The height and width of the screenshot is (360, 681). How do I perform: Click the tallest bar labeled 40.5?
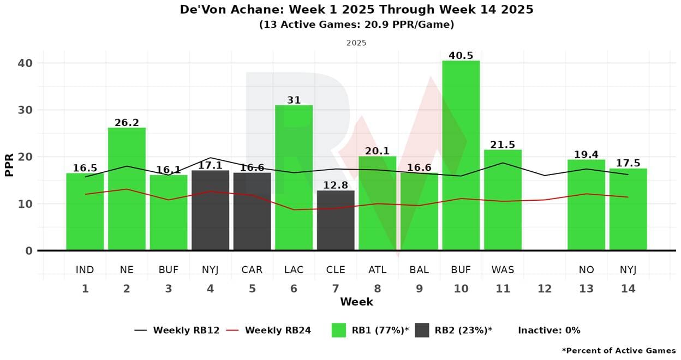pyautogui.click(x=461, y=155)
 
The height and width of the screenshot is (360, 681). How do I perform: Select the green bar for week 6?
pyautogui.click(x=294, y=178)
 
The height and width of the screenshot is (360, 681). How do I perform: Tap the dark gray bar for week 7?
pyautogui.click(x=336, y=220)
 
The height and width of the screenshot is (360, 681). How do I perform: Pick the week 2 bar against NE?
pyautogui.click(x=127, y=189)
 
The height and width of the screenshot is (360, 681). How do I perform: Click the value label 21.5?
pyautogui.click(x=503, y=145)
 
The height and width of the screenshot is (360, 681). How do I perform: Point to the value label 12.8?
pyautogui.click(x=336, y=185)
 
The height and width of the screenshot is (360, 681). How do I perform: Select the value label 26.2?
pyautogui.click(x=127, y=123)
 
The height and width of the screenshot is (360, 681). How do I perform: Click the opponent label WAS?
pyautogui.click(x=503, y=270)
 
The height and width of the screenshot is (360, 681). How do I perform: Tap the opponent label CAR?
pyautogui.click(x=252, y=270)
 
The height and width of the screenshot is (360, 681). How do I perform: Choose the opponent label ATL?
pyautogui.click(x=377, y=270)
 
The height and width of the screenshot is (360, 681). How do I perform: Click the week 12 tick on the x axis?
pyautogui.click(x=545, y=289)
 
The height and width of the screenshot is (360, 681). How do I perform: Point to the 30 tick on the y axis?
pyautogui.click(x=25, y=110)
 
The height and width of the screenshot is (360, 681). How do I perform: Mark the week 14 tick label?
pyautogui.click(x=628, y=289)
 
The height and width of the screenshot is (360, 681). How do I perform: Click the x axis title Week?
pyautogui.click(x=356, y=302)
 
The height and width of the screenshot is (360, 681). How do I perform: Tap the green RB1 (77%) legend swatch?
pyautogui.click(x=339, y=330)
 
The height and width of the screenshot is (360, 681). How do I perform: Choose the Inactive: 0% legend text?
pyautogui.click(x=549, y=330)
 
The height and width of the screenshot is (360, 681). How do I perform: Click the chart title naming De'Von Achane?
pyautogui.click(x=356, y=10)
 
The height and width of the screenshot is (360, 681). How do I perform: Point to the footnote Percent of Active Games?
pyautogui.click(x=619, y=351)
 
